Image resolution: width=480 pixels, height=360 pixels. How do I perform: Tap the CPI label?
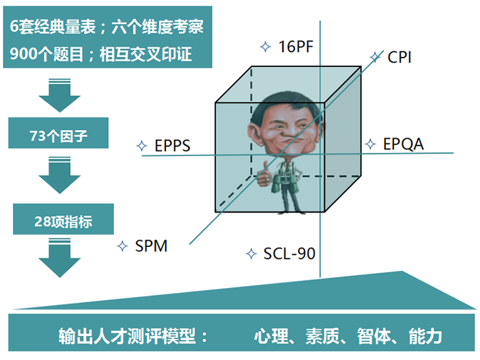(400, 57)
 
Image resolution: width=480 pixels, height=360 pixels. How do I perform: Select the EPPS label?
(172, 147)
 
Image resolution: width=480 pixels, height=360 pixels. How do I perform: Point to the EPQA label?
(403, 145)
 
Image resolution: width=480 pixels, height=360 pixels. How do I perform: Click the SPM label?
(151, 246)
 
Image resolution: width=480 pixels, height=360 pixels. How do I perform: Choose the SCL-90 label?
(289, 254)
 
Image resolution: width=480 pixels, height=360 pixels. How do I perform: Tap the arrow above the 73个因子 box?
(60, 95)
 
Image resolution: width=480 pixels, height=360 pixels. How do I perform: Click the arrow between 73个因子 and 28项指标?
(60, 177)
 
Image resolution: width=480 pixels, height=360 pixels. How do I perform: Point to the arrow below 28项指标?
(60, 260)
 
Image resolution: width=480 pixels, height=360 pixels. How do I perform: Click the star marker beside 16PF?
(265, 46)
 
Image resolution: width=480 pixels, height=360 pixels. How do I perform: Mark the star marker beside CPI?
(375, 57)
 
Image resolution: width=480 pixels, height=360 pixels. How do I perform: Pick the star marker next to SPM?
(123, 246)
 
